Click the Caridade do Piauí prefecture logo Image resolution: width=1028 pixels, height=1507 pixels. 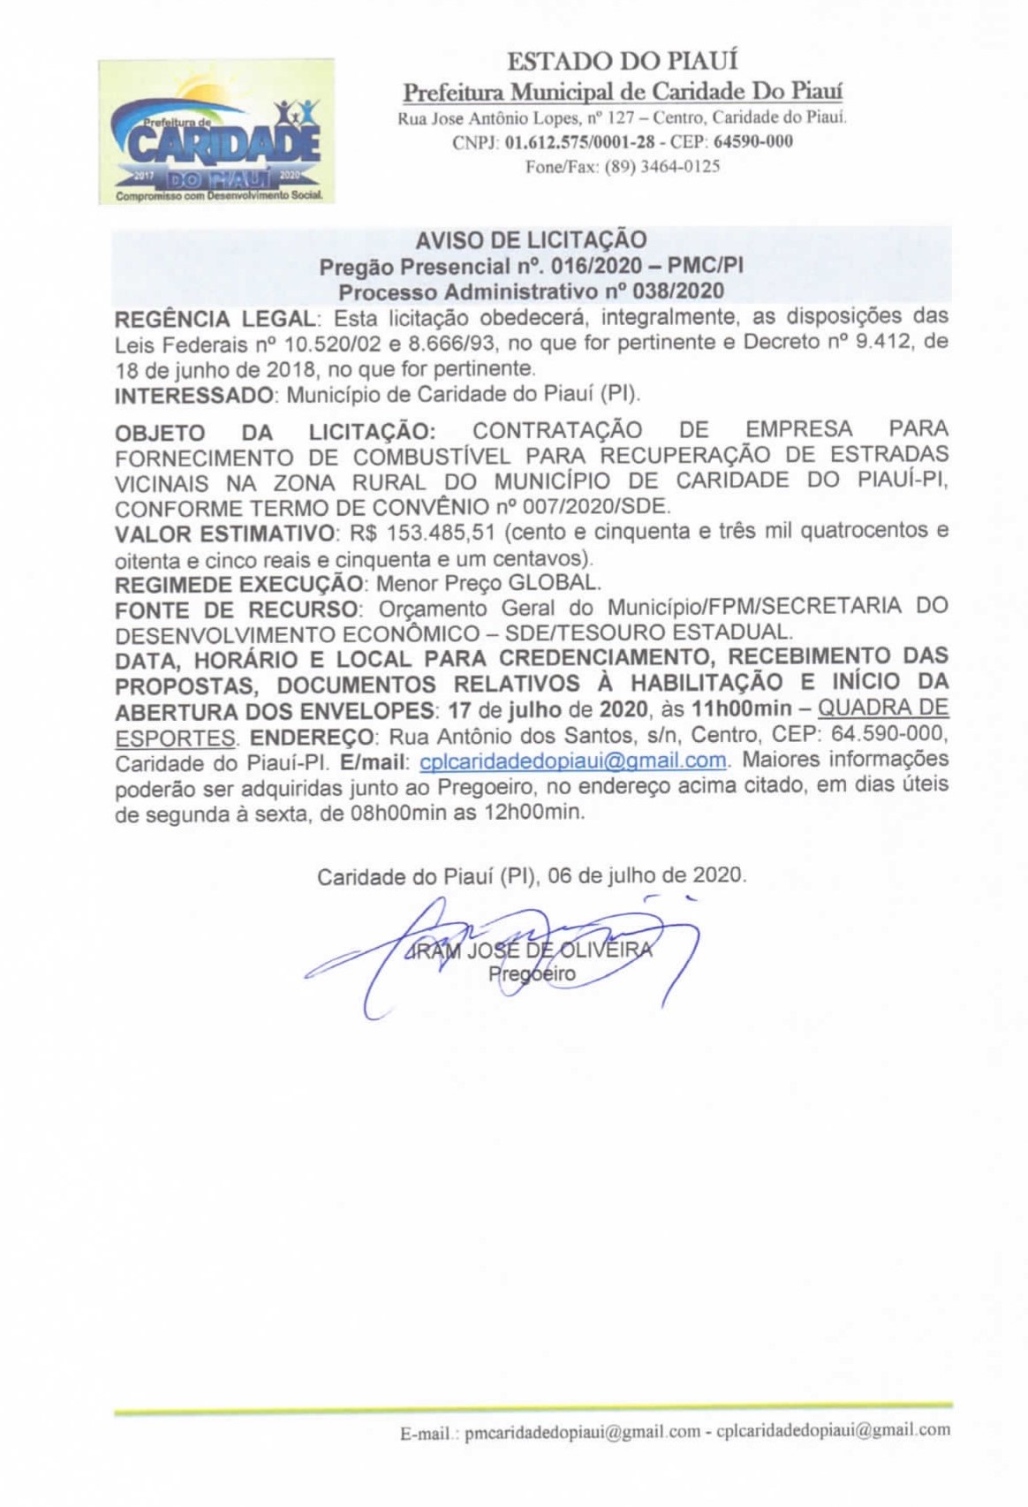pyautogui.click(x=216, y=132)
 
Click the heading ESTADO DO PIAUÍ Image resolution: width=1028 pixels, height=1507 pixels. pyautogui.click(x=622, y=61)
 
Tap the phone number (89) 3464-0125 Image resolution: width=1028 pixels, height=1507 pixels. pyautogui.click(x=661, y=166)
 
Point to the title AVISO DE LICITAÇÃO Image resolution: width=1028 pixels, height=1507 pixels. pyautogui.click(x=532, y=239)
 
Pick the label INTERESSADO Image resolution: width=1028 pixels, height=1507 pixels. pyautogui.click(x=194, y=394)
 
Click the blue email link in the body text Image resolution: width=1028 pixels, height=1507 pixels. pyautogui.click(x=573, y=761)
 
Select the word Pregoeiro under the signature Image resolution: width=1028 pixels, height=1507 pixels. pyautogui.click(x=532, y=974)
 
